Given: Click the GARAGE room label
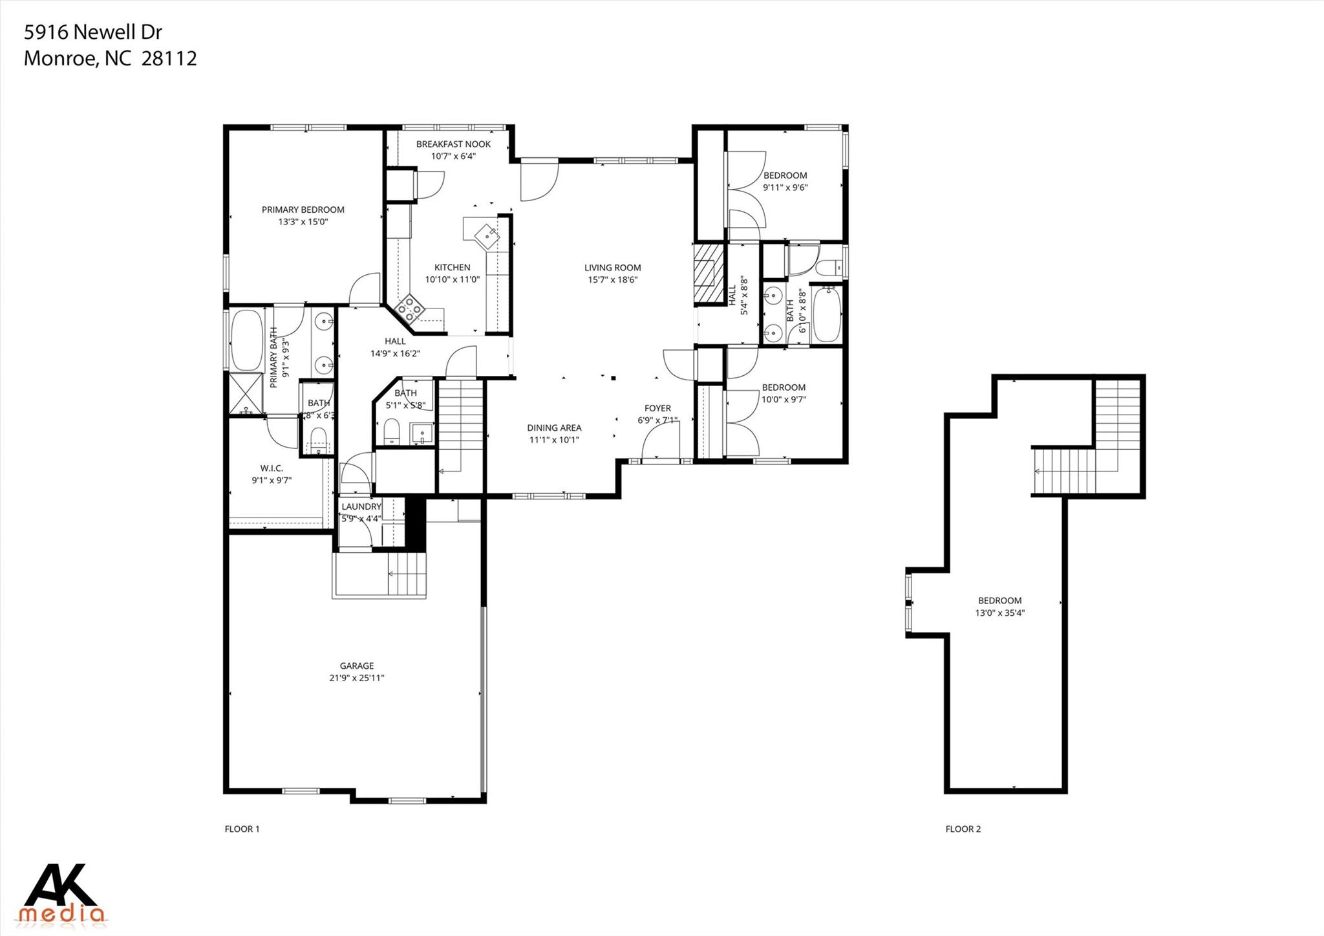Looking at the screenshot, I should click(357, 666).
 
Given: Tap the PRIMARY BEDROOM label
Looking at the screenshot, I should click(303, 210).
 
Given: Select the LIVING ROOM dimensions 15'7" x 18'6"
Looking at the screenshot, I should click(612, 280).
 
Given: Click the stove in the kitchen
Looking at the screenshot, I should click(409, 309).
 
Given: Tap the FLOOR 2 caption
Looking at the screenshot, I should click(963, 829).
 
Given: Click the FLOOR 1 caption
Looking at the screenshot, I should click(242, 829).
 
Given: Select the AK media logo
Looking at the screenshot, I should click(62, 893).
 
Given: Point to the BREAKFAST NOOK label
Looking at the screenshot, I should click(453, 144).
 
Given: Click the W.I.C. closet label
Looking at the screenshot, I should click(272, 468).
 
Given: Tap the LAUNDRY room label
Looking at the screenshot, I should click(361, 506).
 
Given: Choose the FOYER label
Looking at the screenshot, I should click(657, 408).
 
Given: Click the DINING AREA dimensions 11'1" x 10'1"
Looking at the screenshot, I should click(554, 440).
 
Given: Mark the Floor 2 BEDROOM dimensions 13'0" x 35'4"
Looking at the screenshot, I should click(999, 613).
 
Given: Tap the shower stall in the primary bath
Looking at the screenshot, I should click(246, 394).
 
